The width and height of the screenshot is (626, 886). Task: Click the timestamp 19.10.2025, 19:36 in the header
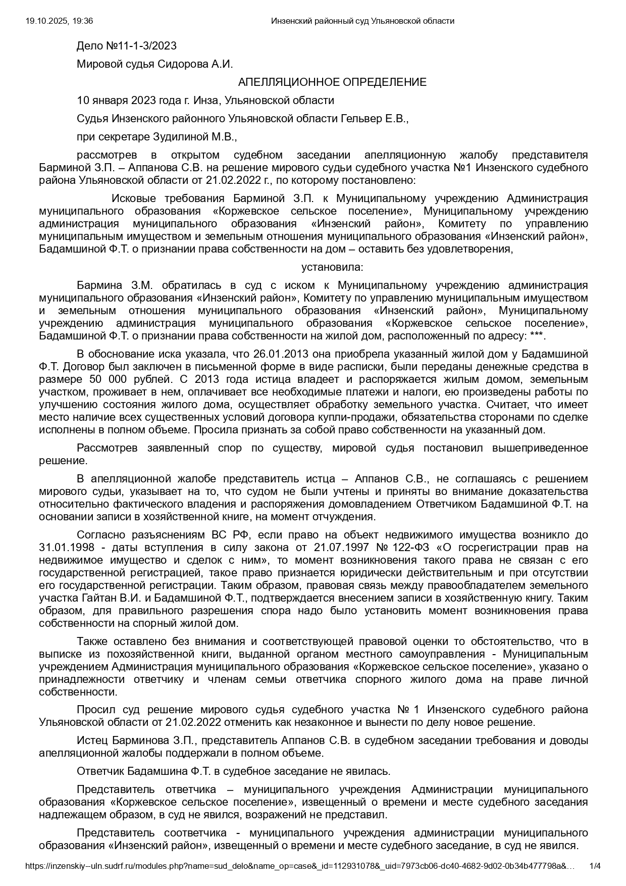point(59,21)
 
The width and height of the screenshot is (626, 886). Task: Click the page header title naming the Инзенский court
point(362,21)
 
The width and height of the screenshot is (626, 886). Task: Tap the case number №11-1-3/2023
point(141,46)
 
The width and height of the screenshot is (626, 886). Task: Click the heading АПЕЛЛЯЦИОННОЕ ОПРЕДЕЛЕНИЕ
point(332,82)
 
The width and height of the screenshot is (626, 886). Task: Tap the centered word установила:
point(332,267)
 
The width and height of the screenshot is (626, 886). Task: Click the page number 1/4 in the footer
point(595,866)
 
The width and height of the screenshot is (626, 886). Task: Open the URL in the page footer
point(300,866)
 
